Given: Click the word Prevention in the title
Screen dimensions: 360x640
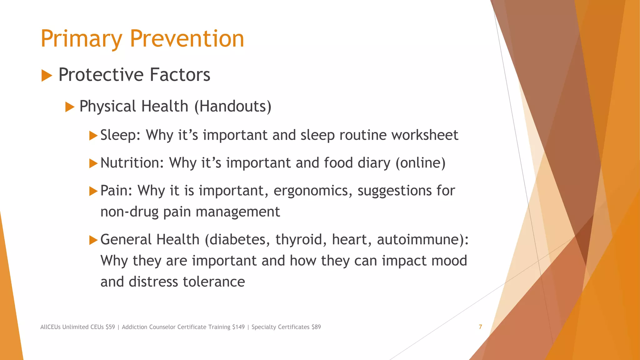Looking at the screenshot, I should pos(187,39).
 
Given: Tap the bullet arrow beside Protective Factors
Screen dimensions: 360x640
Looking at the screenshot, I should pos(47,76).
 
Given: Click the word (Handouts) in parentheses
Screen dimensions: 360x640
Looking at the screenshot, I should pos(233,107).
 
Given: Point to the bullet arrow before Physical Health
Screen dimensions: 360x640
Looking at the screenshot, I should pos(70,107).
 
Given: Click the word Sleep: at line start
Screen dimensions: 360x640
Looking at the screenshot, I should pos(120,135).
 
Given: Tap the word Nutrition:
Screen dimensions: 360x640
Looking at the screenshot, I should pos(132,163).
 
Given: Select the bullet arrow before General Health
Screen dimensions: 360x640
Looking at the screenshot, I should pos(93,240).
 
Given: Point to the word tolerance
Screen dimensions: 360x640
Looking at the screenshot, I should pos(214,282).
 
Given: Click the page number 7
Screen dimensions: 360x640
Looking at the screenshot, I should pos(480,327).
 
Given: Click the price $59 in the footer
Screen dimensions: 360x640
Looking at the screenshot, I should pos(110,327).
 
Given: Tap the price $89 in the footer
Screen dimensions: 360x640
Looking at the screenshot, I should pos(316,327).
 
